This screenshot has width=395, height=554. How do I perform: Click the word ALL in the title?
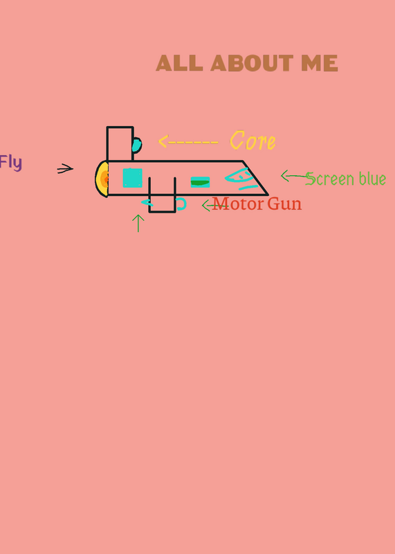pos(179,63)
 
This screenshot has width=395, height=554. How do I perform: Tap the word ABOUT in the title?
pos(252,63)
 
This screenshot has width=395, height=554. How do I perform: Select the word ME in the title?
pos(320,63)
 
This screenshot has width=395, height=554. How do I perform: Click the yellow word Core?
pos(252,141)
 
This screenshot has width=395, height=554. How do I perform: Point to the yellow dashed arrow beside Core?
pos(188,142)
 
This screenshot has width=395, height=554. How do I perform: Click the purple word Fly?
pos(10,163)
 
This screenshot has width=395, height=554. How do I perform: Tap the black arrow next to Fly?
pos(65,168)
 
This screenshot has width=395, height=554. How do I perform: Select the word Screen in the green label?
pos(331,179)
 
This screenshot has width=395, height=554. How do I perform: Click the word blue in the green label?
pos(372,178)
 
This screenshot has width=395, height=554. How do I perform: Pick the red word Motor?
pos(238,204)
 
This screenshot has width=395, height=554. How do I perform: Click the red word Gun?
pos(284,204)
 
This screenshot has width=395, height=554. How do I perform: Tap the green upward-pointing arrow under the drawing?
pos(138,223)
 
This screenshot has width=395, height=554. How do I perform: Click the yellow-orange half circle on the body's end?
pos(101,179)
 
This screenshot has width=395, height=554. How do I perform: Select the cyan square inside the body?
pos(132,178)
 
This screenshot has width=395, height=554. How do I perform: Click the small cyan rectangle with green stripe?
pos(200,182)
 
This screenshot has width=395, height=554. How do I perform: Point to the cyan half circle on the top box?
pos(137,145)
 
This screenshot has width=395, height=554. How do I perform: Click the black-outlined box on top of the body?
pos(120,144)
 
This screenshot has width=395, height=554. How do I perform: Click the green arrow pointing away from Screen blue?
pos(295,176)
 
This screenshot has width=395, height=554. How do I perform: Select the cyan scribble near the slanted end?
pos(241,179)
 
